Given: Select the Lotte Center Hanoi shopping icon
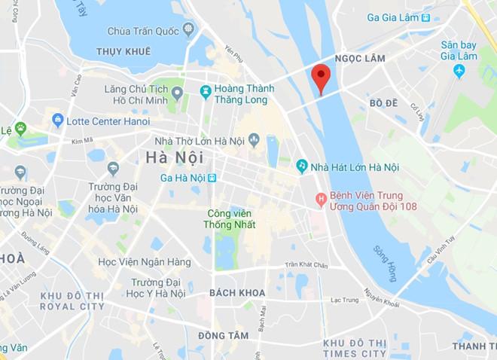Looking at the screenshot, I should (57, 121).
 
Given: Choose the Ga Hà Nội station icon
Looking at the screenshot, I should (213, 178).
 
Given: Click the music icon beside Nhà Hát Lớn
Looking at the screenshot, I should (302, 166).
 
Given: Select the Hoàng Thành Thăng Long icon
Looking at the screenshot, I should (205, 91).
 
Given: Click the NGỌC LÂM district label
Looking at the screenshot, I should (359, 59).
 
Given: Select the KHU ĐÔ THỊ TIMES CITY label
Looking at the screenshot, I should (354, 348).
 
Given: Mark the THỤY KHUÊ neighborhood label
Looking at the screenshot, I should (124, 51).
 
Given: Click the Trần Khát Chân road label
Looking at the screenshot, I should (307, 265).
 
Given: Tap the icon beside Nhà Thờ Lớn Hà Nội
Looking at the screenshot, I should (254, 139).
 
